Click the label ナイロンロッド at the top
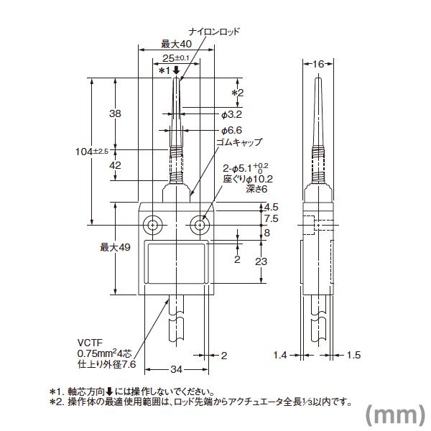(x=215, y=32)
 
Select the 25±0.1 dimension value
(x=175, y=57)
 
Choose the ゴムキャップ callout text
(x=240, y=142)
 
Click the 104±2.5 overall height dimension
(x=92, y=152)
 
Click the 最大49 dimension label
(x=114, y=247)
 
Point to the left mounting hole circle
(x=153, y=226)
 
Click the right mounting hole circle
(x=200, y=226)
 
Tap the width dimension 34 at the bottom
(x=175, y=370)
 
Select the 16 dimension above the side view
(x=316, y=63)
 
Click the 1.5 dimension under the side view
(x=355, y=355)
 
